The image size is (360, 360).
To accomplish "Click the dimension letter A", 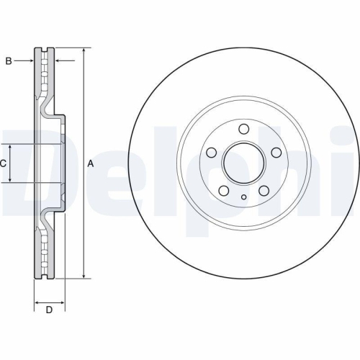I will coord(91,164).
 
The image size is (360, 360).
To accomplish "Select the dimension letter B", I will coord(9,61).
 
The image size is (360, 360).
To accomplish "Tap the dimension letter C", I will coord(4,164).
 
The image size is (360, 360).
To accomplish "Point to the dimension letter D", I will coord(49,310).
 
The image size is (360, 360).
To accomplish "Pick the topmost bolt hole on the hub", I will coord(243,129).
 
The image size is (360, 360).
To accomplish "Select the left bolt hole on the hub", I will coord(212,153).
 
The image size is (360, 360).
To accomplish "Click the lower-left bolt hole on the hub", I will coord(224,190).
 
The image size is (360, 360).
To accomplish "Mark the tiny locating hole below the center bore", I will coord(243,197).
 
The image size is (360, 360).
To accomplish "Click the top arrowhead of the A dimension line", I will coord(84,52).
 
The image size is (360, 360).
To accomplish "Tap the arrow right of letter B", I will coord(27,61).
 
